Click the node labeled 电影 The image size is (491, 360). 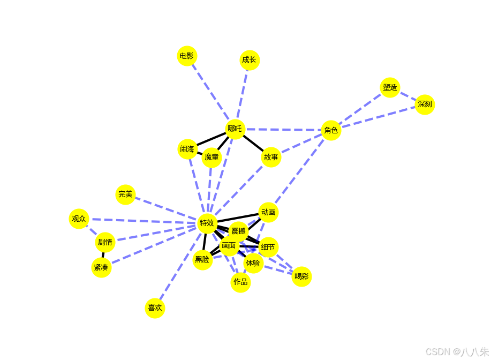pyautogui.click(x=187, y=56)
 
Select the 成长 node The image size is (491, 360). pyautogui.click(x=250, y=60)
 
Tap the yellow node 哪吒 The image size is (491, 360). pyautogui.click(x=235, y=129)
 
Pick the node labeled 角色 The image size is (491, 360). pyautogui.click(x=331, y=130)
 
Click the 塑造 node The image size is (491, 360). pyautogui.click(x=390, y=87)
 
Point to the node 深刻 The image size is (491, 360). pyautogui.click(x=425, y=104)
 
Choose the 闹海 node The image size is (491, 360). pyautogui.click(x=187, y=149)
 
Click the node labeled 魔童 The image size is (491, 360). pyautogui.click(x=211, y=157)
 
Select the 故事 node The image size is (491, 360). pyautogui.click(x=271, y=157)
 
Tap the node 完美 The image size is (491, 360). pyautogui.click(x=125, y=194)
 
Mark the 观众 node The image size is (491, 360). pyautogui.click(x=79, y=219)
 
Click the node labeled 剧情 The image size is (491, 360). pyautogui.click(x=105, y=242)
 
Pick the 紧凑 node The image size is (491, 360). pyautogui.click(x=101, y=267)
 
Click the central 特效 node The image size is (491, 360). pyautogui.click(x=207, y=223)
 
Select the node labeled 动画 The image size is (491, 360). pyautogui.click(x=268, y=212)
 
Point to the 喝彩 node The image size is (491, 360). pyautogui.click(x=301, y=276)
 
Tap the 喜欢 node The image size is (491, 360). pyautogui.click(x=155, y=308)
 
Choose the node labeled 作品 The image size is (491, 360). pyautogui.click(x=240, y=282)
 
